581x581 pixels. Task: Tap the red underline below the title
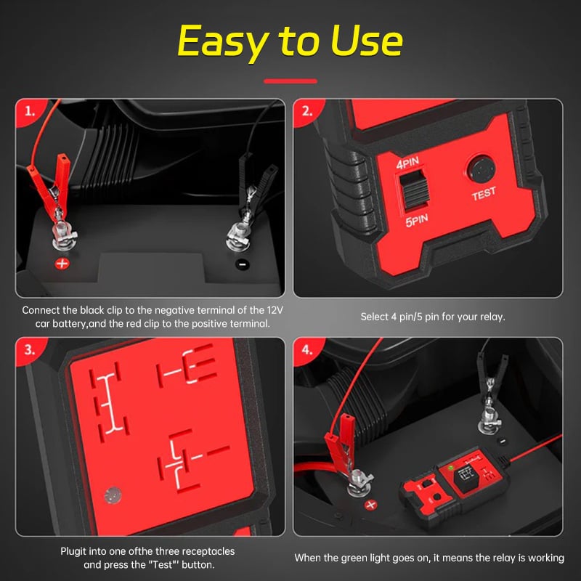290,81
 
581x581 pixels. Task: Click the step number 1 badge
30,111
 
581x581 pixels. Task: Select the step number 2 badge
307,111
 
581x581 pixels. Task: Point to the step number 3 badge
30,350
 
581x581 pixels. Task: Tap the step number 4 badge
307,350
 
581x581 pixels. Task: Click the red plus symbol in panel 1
62,264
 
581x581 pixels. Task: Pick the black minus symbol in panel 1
243,264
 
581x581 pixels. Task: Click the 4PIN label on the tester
407,163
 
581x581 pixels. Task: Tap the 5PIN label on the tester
416,220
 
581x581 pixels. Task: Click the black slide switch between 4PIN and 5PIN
414,190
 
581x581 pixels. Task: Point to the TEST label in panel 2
484,193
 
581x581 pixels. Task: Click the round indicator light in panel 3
113,495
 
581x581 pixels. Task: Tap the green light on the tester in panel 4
451,468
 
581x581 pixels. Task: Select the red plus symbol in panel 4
371,505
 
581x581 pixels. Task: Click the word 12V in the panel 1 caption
275,310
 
